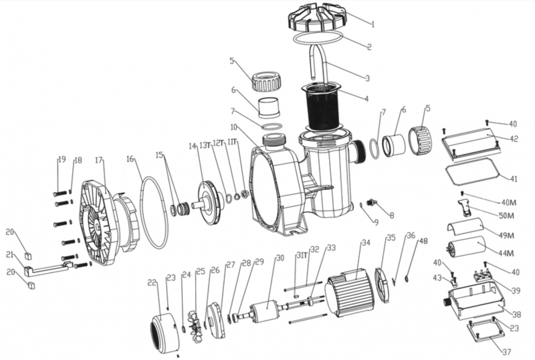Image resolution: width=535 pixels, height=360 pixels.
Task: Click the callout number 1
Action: click(372, 25)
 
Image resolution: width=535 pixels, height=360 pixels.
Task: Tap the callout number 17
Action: click(99, 161)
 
